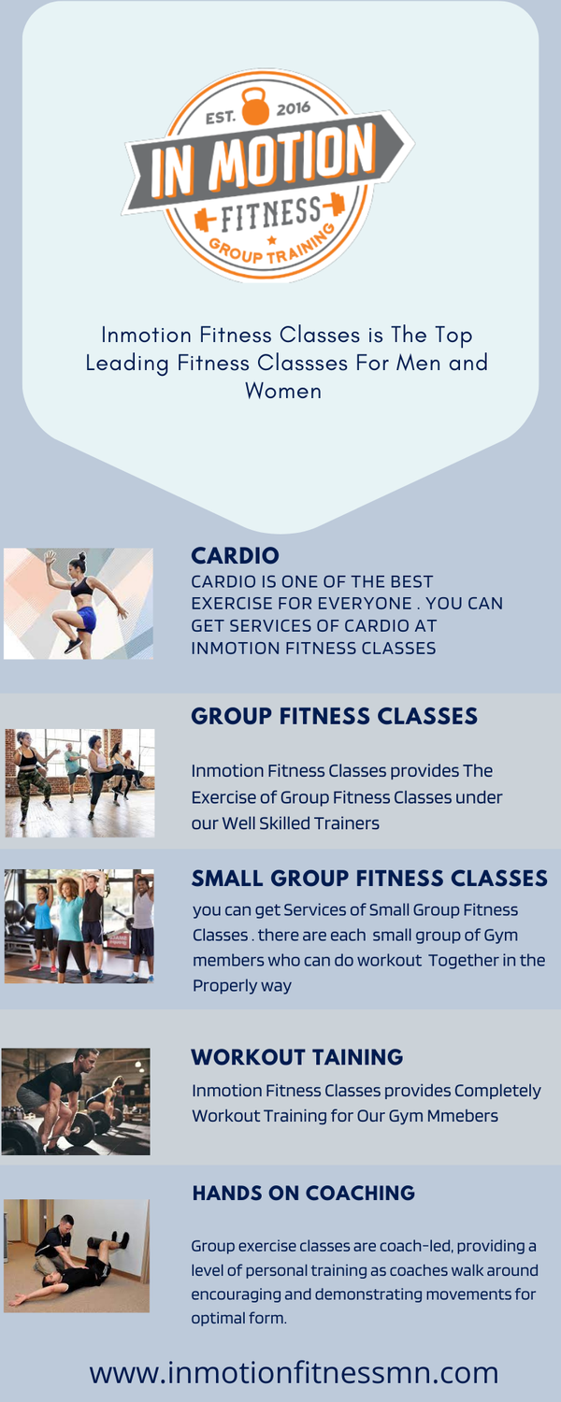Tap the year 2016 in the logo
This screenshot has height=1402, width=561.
click(293, 107)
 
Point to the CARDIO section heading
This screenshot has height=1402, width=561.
click(235, 556)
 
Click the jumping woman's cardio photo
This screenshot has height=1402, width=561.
click(79, 604)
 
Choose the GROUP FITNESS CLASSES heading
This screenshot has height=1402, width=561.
click(334, 717)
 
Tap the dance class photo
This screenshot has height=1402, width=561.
click(79, 782)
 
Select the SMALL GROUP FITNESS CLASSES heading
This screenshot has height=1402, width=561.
click(369, 879)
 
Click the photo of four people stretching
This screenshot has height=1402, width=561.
click(79, 925)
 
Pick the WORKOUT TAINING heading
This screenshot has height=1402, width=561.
click(296, 1057)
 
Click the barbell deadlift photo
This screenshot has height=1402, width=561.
click(76, 1101)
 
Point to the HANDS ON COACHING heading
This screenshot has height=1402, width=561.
click(303, 1194)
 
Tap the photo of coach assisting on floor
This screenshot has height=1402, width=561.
click(77, 1255)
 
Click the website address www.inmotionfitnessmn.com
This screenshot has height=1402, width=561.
click(294, 1373)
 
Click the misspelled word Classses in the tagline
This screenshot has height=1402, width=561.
click(314, 363)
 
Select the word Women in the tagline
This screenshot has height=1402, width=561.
click(282, 391)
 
